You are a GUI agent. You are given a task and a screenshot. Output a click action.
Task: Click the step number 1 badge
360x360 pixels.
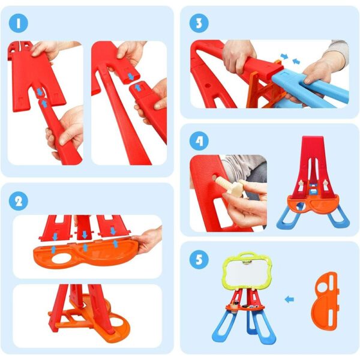click(x=19, y=23)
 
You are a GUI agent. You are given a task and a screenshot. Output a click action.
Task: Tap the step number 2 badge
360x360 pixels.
click(x=19, y=201)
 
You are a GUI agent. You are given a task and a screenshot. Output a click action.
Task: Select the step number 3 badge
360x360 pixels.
click(x=199, y=23)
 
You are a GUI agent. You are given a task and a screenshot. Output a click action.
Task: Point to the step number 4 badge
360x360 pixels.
click(x=199, y=141)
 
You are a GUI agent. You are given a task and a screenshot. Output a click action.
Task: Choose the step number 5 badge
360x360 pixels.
click(x=199, y=259)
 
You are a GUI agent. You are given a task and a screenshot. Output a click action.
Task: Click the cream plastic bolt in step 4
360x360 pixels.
click(x=230, y=186)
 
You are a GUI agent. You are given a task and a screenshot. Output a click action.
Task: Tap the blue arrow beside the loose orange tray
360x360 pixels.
click(x=289, y=299)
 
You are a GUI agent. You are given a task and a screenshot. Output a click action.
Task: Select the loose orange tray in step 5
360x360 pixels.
click(x=324, y=301)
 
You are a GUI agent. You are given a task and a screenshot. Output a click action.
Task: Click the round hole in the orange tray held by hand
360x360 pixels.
click(x=62, y=258)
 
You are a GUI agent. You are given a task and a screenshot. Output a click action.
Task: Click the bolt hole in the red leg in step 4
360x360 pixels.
click(x=214, y=178)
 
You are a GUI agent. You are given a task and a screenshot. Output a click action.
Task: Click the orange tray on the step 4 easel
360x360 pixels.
click(x=313, y=203)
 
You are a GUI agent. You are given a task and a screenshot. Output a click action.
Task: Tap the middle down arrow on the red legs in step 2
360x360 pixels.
click(x=85, y=235)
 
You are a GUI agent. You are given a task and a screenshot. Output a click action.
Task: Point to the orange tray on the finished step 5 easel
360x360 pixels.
click(x=245, y=307)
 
